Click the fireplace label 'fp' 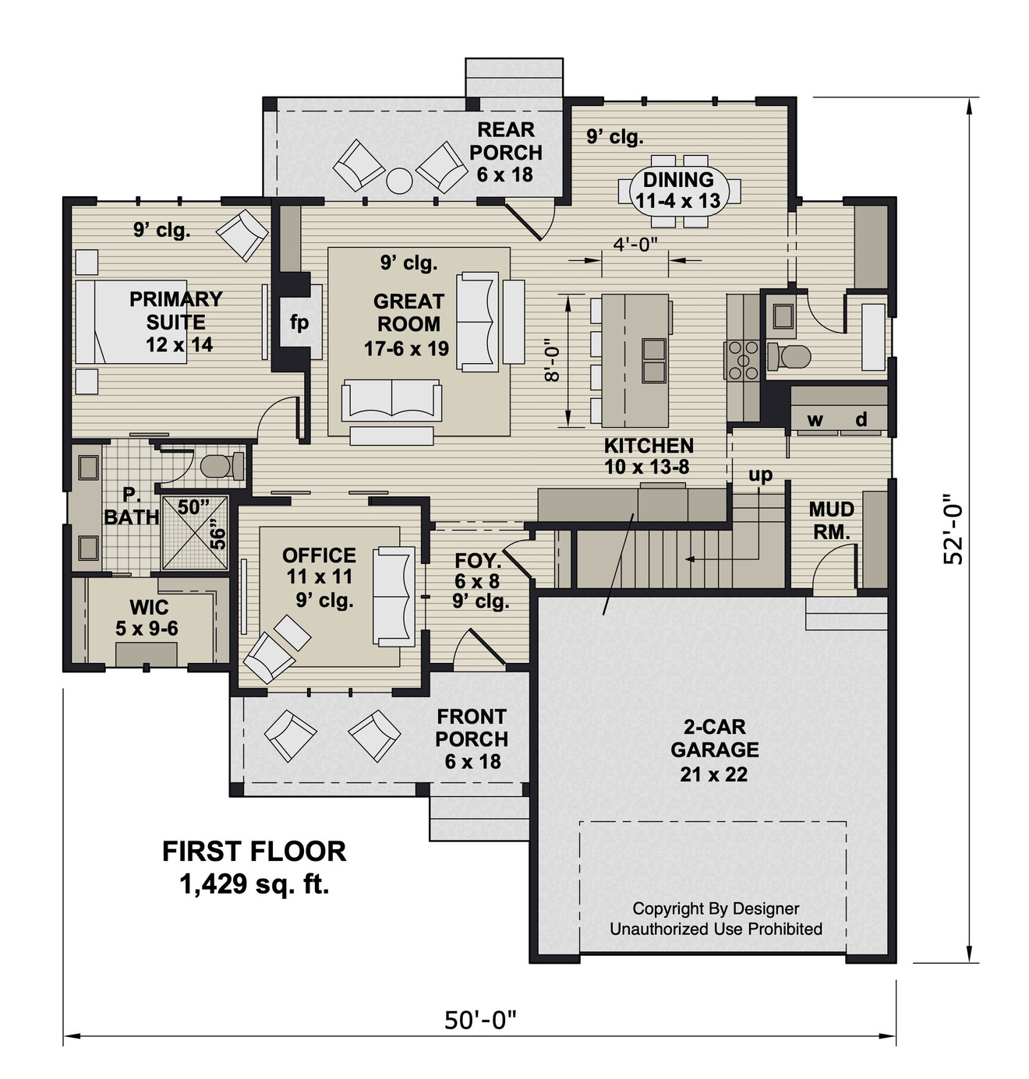coord(299,322)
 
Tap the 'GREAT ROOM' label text coord(408,312)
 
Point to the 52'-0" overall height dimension coord(953,529)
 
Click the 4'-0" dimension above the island coord(635,245)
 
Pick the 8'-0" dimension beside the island coord(553,360)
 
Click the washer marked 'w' coord(815,421)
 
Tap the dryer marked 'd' coord(861,421)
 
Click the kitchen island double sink coord(653,352)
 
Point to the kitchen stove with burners coord(742,359)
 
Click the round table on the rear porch coord(399,181)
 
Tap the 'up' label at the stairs coord(760,474)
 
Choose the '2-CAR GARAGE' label coord(714,739)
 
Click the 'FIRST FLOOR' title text coord(254,852)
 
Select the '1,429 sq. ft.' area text coord(254,884)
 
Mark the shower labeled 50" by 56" coord(195,533)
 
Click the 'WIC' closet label coord(148,607)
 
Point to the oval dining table coord(679,191)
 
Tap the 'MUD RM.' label coord(831,520)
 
